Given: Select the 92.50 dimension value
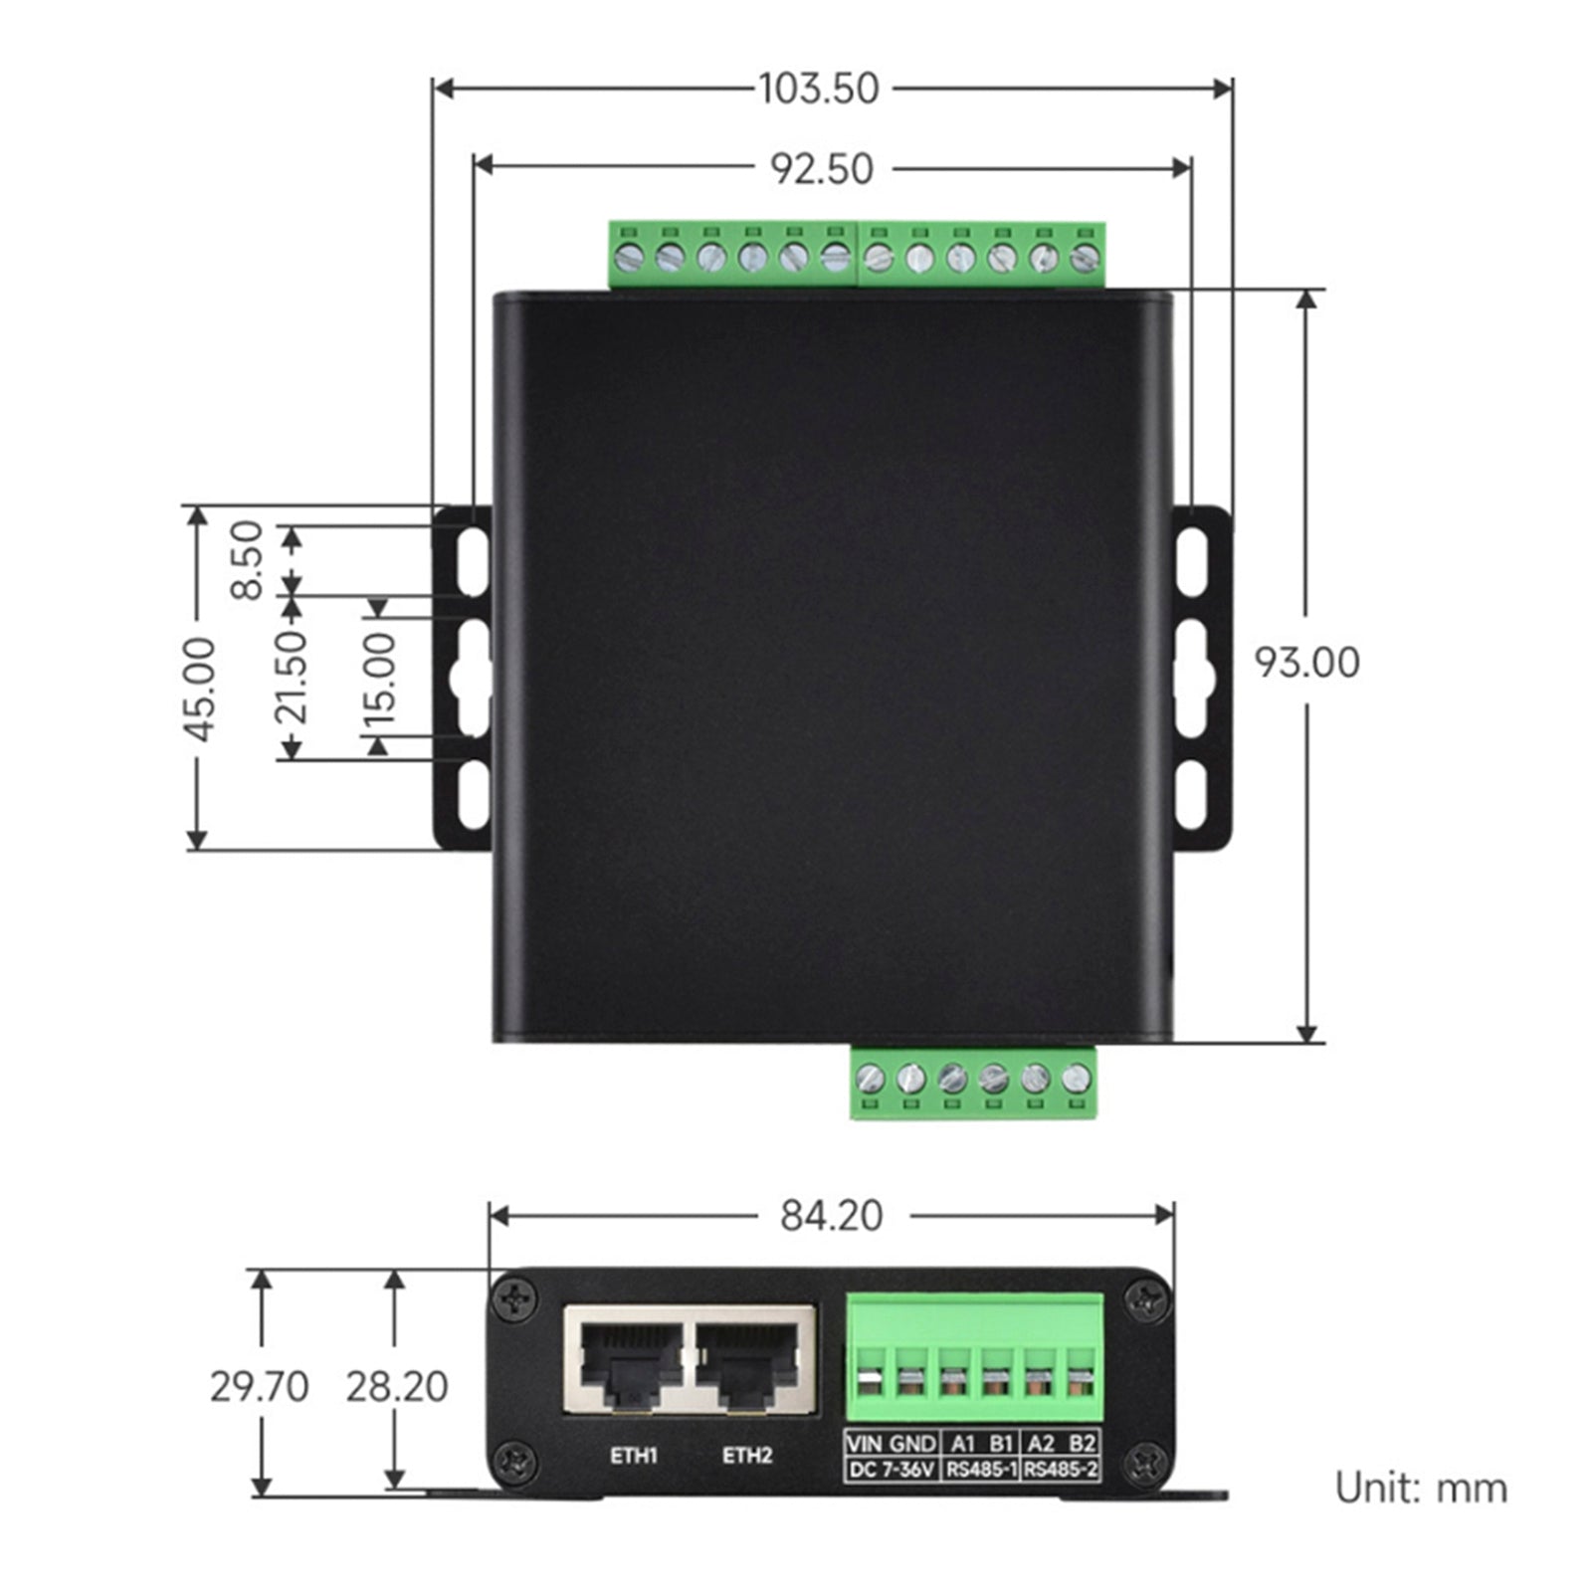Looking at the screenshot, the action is click(x=823, y=169).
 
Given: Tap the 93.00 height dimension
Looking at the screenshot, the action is click(x=1305, y=663).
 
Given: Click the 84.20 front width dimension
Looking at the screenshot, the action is click(x=831, y=1216).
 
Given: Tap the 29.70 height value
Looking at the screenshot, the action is click(x=259, y=1386).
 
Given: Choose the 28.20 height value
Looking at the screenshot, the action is click(x=396, y=1386).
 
